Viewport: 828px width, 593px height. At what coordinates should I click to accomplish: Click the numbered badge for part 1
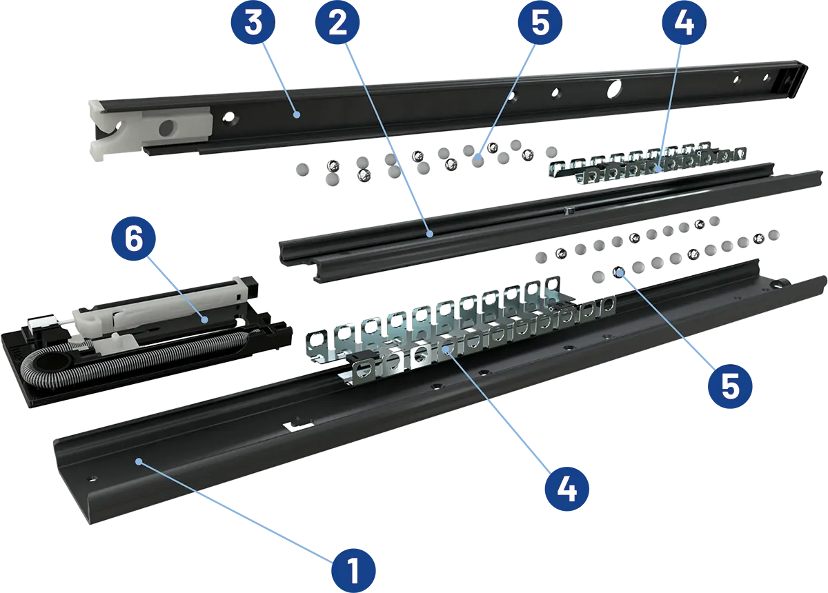pos(354,570)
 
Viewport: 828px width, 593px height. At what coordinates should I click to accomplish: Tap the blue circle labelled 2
pos(337,24)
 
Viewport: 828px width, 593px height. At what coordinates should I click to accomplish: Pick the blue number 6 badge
pos(133,239)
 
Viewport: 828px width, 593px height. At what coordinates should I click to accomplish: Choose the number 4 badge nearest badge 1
pos(566,488)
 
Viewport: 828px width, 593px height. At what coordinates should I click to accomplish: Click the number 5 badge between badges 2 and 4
pos(540,24)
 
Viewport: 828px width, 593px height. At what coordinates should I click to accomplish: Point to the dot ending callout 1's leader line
pos(138,460)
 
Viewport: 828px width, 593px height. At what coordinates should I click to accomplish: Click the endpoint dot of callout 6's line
pos(204,319)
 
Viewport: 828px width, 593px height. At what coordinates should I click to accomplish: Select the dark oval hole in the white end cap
pos(167,128)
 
